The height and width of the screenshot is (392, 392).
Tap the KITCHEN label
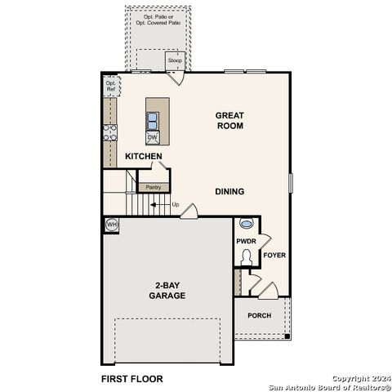pyautogui.click(x=143, y=156)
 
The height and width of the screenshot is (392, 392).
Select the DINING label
pyautogui.click(x=229, y=192)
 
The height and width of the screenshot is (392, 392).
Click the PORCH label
pyautogui.click(x=260, y=315)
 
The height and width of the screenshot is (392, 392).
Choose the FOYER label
pyautogui.click(x=275, y=255)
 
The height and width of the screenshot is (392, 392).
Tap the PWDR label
pyautogui.click(x=247, y=242)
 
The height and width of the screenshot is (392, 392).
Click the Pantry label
pyautogui.click(x=152, y=187)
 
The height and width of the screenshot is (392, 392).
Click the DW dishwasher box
pyautogui.click(x=153, y=137)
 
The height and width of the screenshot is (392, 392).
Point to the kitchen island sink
pyautogui.click(x=153, y=121)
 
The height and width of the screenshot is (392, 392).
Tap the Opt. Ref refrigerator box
pyautogui.click(x=110, y=86)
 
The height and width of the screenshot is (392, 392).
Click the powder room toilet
pyautogui.click(x=247, y=257)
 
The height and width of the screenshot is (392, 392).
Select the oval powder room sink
pyautogui.click(x=247, y=223)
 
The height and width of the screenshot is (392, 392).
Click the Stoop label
pyautogui.click(x=174, y=62)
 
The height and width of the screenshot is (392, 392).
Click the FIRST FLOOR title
pyautogui.click(x=131, y=379)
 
